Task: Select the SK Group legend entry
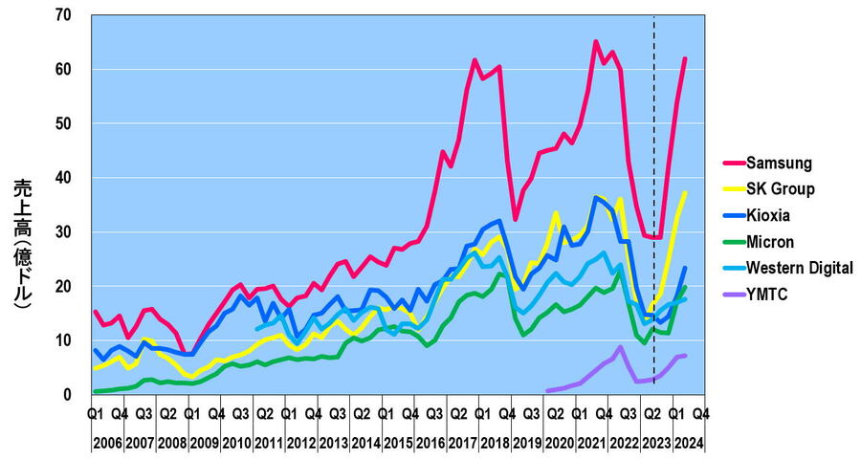780,188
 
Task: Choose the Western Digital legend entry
799,269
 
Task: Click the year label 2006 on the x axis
107,443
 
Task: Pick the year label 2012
300,443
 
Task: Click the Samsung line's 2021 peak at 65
595,41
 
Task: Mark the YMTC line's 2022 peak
620,346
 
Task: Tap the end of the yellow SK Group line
685,192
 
